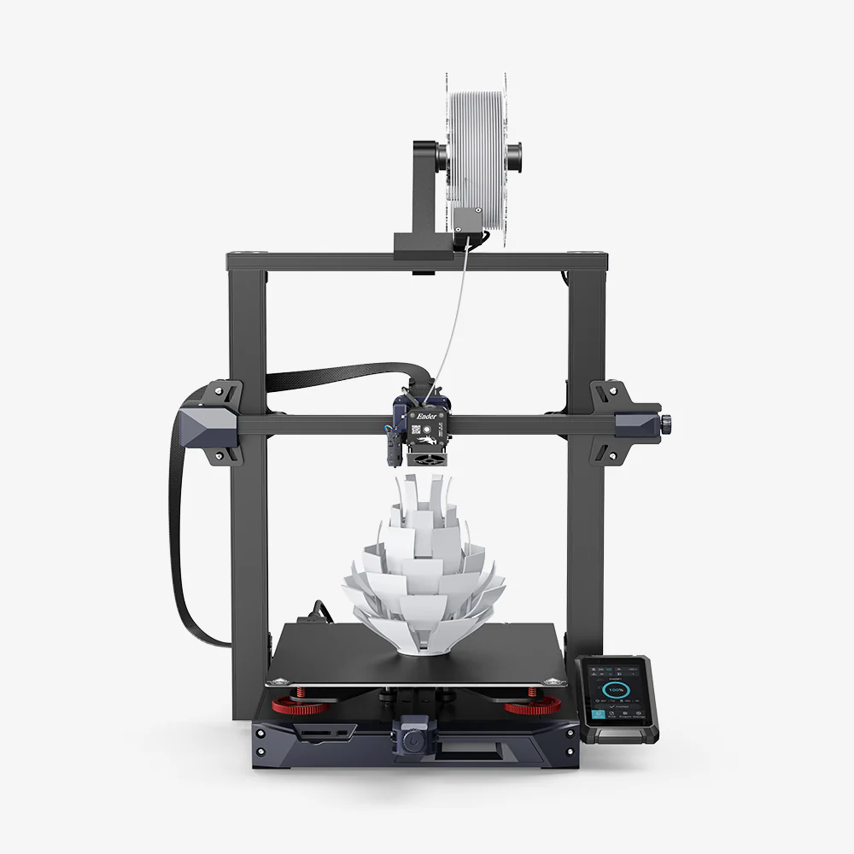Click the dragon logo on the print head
click(x=424, y=437)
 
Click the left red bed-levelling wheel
click(x=301, y=706)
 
